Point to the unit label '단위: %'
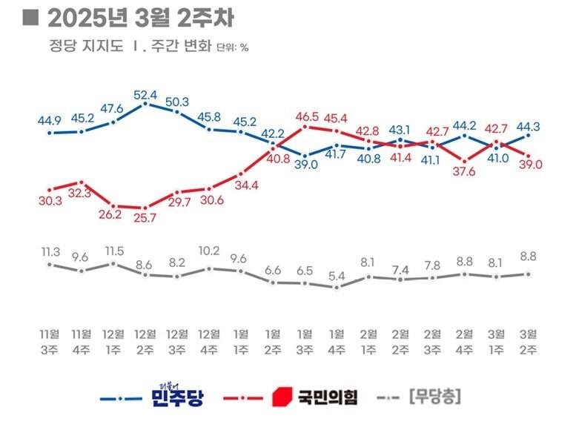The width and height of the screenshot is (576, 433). click(x=232, y=47)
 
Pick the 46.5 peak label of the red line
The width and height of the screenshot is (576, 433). click(x=305, y=116)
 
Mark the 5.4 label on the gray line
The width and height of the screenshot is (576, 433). click(x=337, y=276)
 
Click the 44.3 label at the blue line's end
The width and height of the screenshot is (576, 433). click(x=529, y=124)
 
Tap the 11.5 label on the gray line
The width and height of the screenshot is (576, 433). click(x=113, y=251)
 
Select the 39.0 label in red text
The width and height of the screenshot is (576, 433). click(x=529, y=165)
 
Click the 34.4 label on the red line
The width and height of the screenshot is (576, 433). click(x=242, y=185)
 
